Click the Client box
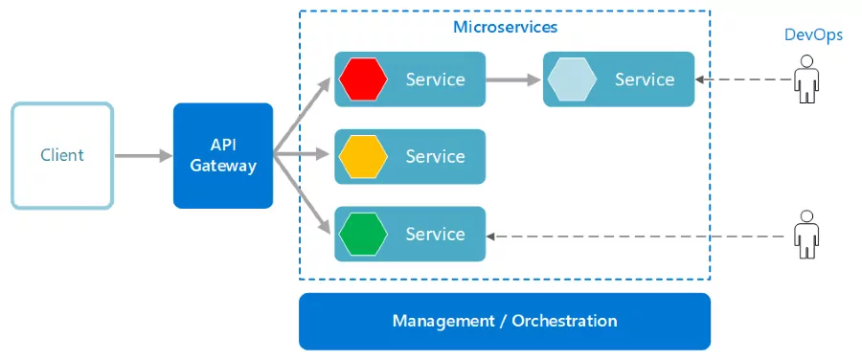62,155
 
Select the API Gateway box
223,155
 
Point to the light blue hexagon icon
572,79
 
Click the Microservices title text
505,27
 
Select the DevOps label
813,35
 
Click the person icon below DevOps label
806,79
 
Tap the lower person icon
806,234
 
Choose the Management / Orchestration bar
505,321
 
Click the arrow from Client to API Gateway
143,155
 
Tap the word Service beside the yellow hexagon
435,156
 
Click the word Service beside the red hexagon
435,79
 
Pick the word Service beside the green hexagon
435,234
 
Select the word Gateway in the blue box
223,166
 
